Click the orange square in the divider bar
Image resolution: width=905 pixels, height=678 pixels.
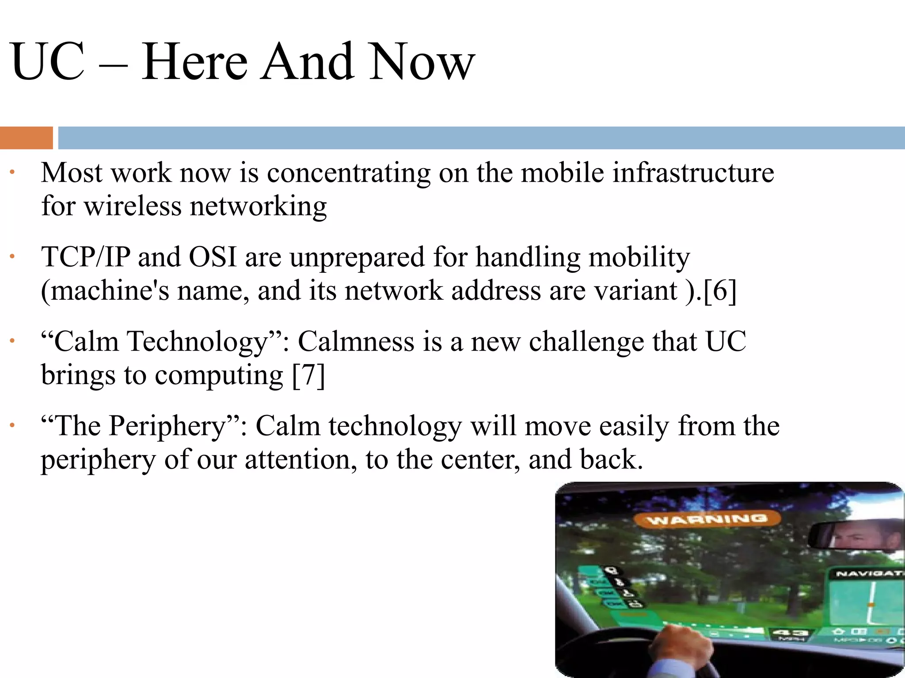coord(26,138)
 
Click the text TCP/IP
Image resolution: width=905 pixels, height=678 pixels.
coord(86,257)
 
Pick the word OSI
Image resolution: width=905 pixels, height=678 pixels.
coord(213,257)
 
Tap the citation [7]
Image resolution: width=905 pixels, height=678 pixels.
coord(308,375)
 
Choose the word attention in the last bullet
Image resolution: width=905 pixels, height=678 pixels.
coord(300,460)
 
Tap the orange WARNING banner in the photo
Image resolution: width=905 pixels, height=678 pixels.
coord(707,519)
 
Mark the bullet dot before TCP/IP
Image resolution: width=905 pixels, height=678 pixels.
coord(13,256)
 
